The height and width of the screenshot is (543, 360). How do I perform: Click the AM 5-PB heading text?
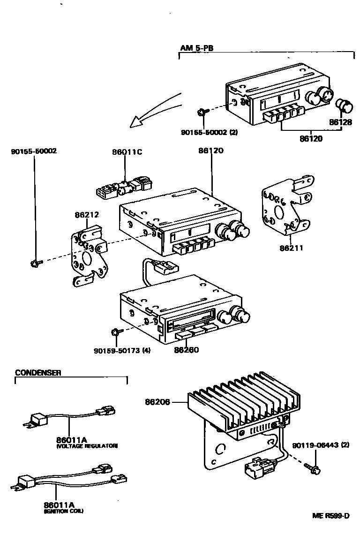[x=197, y=48]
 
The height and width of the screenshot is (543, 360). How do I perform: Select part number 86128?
[x=340, y=122]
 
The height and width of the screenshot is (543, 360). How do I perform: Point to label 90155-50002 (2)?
[x=209, y=132]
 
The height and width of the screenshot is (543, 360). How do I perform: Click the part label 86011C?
[x=125, y=151]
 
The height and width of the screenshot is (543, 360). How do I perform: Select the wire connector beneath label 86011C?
[x=124, y=188]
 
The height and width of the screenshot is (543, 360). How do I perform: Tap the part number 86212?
[x=87, y=215]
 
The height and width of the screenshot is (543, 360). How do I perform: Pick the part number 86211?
[x=292, y=248]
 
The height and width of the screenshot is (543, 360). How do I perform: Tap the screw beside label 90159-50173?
[x=115, y=332]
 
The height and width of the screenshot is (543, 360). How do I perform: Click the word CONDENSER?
[x=38, y=373]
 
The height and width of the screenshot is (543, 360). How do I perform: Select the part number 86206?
[x=157, y=401]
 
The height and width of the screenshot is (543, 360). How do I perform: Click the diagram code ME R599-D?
[x=331, y=516]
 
